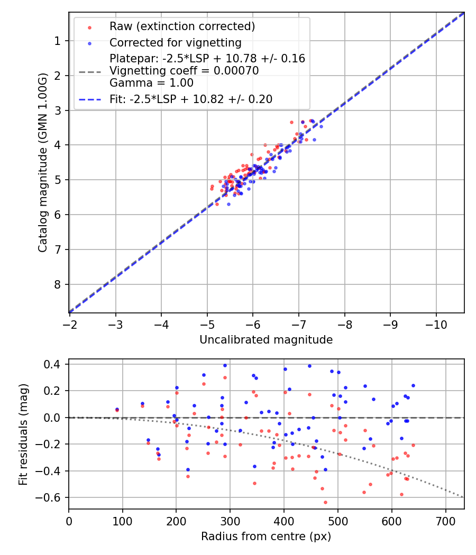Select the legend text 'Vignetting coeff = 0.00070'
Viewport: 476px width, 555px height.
(x=184, y=71)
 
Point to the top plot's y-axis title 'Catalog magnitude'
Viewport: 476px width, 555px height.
(x=43, y=162)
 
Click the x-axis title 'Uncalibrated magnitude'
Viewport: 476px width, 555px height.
(x=266, y=340)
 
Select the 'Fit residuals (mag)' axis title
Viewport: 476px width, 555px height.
(x=23, y=434)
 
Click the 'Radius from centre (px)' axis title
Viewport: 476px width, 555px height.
(x=266, y=536)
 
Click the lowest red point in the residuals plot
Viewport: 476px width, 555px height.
(x=325, y=502)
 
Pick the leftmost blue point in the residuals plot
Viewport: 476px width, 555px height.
(x=117, y=409)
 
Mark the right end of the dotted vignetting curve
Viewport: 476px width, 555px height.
(x=463, y=497)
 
